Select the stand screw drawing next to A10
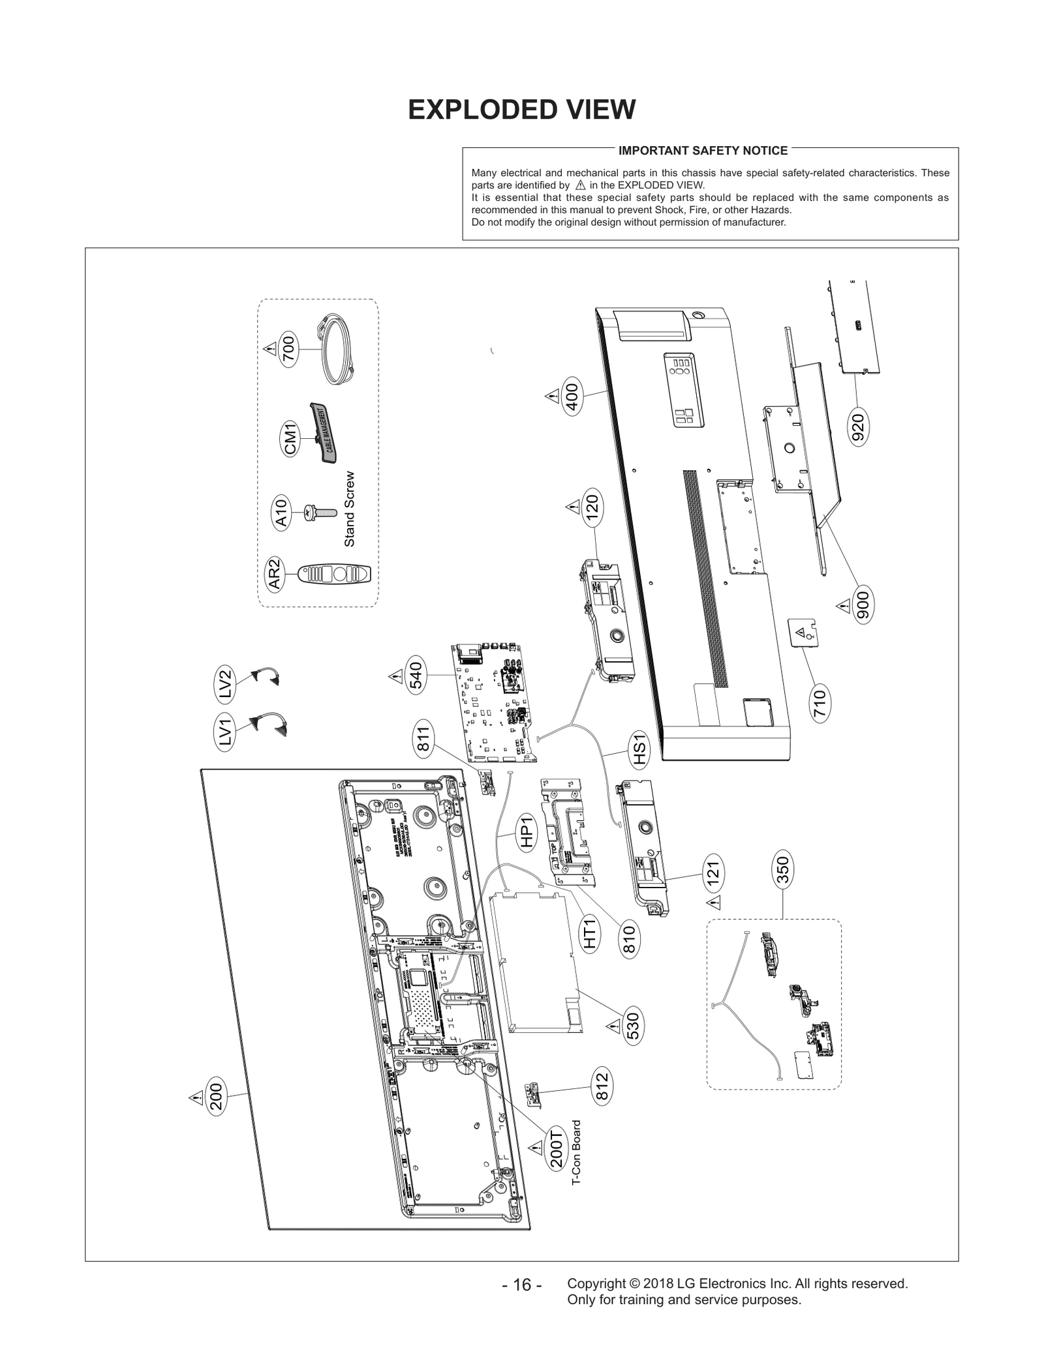[x=320, y=515]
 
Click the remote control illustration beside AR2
[x=334, y=575]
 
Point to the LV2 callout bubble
[x=226, y=685]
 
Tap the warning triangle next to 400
[x=552, y=396]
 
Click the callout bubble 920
[x=858, y=428]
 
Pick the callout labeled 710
[x=820, y=702]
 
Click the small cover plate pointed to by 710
[x=803, y=633]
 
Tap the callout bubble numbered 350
[x=782, y=870]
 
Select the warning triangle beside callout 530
[x=613, y=1026]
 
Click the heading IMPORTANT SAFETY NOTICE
[x=703, y=151]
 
